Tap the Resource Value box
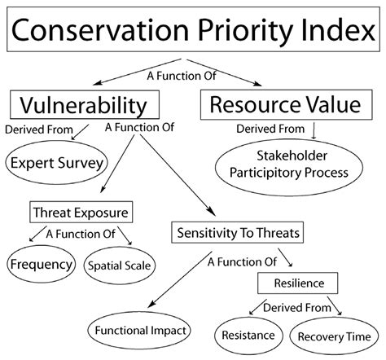[285, 104]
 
